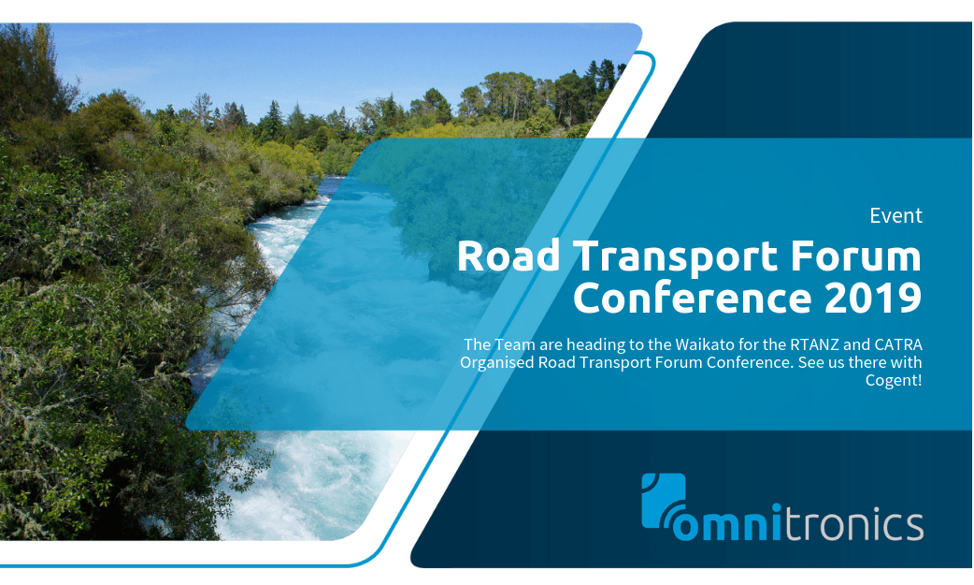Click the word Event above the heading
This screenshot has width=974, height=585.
(x=895, y=216)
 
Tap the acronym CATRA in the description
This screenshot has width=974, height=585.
(x=895, y=344)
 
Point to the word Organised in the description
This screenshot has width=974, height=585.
(x=497, y=362)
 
